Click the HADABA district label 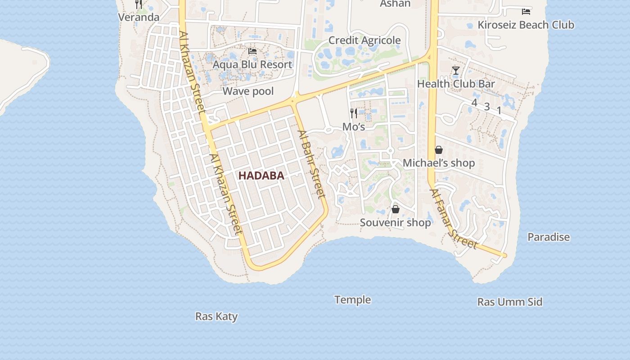click(x=261, y=175)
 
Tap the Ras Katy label click(x=216, y=316)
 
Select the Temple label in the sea click(x=352, y=300)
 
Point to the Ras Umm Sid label click(x=510, y=301)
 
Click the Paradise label click(x=549, y=237)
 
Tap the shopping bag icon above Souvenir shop click(x=396, y=209)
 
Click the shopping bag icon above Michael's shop click(x=439, y=150)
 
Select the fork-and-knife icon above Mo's click(x=354, y=113)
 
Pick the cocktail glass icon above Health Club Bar click(x=456, y=71)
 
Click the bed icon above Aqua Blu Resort click(x=252, y=51)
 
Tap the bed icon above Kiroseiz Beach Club click(x=526, y=11)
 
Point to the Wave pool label click(x=248, y=91)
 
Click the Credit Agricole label click(x=364, y=40)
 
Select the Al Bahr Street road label click(x=311, y=164)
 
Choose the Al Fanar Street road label click(x=453, y=219)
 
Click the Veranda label click(x=139, y=17)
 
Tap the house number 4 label click(x=474, y=103)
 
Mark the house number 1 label click(x=499, y=110)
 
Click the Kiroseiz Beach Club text click(x=526, y=25)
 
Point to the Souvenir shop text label click(x=396, y=222)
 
